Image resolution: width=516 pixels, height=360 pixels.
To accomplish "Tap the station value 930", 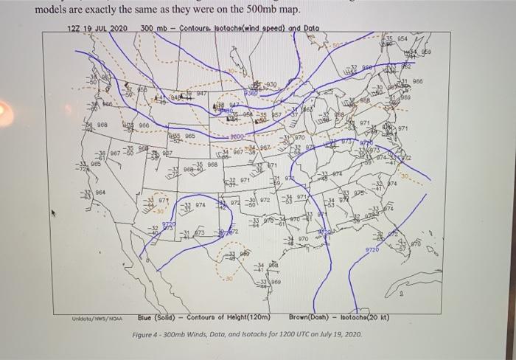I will click(272, 85).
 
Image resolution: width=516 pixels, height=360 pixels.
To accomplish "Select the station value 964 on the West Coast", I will click(99, 192).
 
